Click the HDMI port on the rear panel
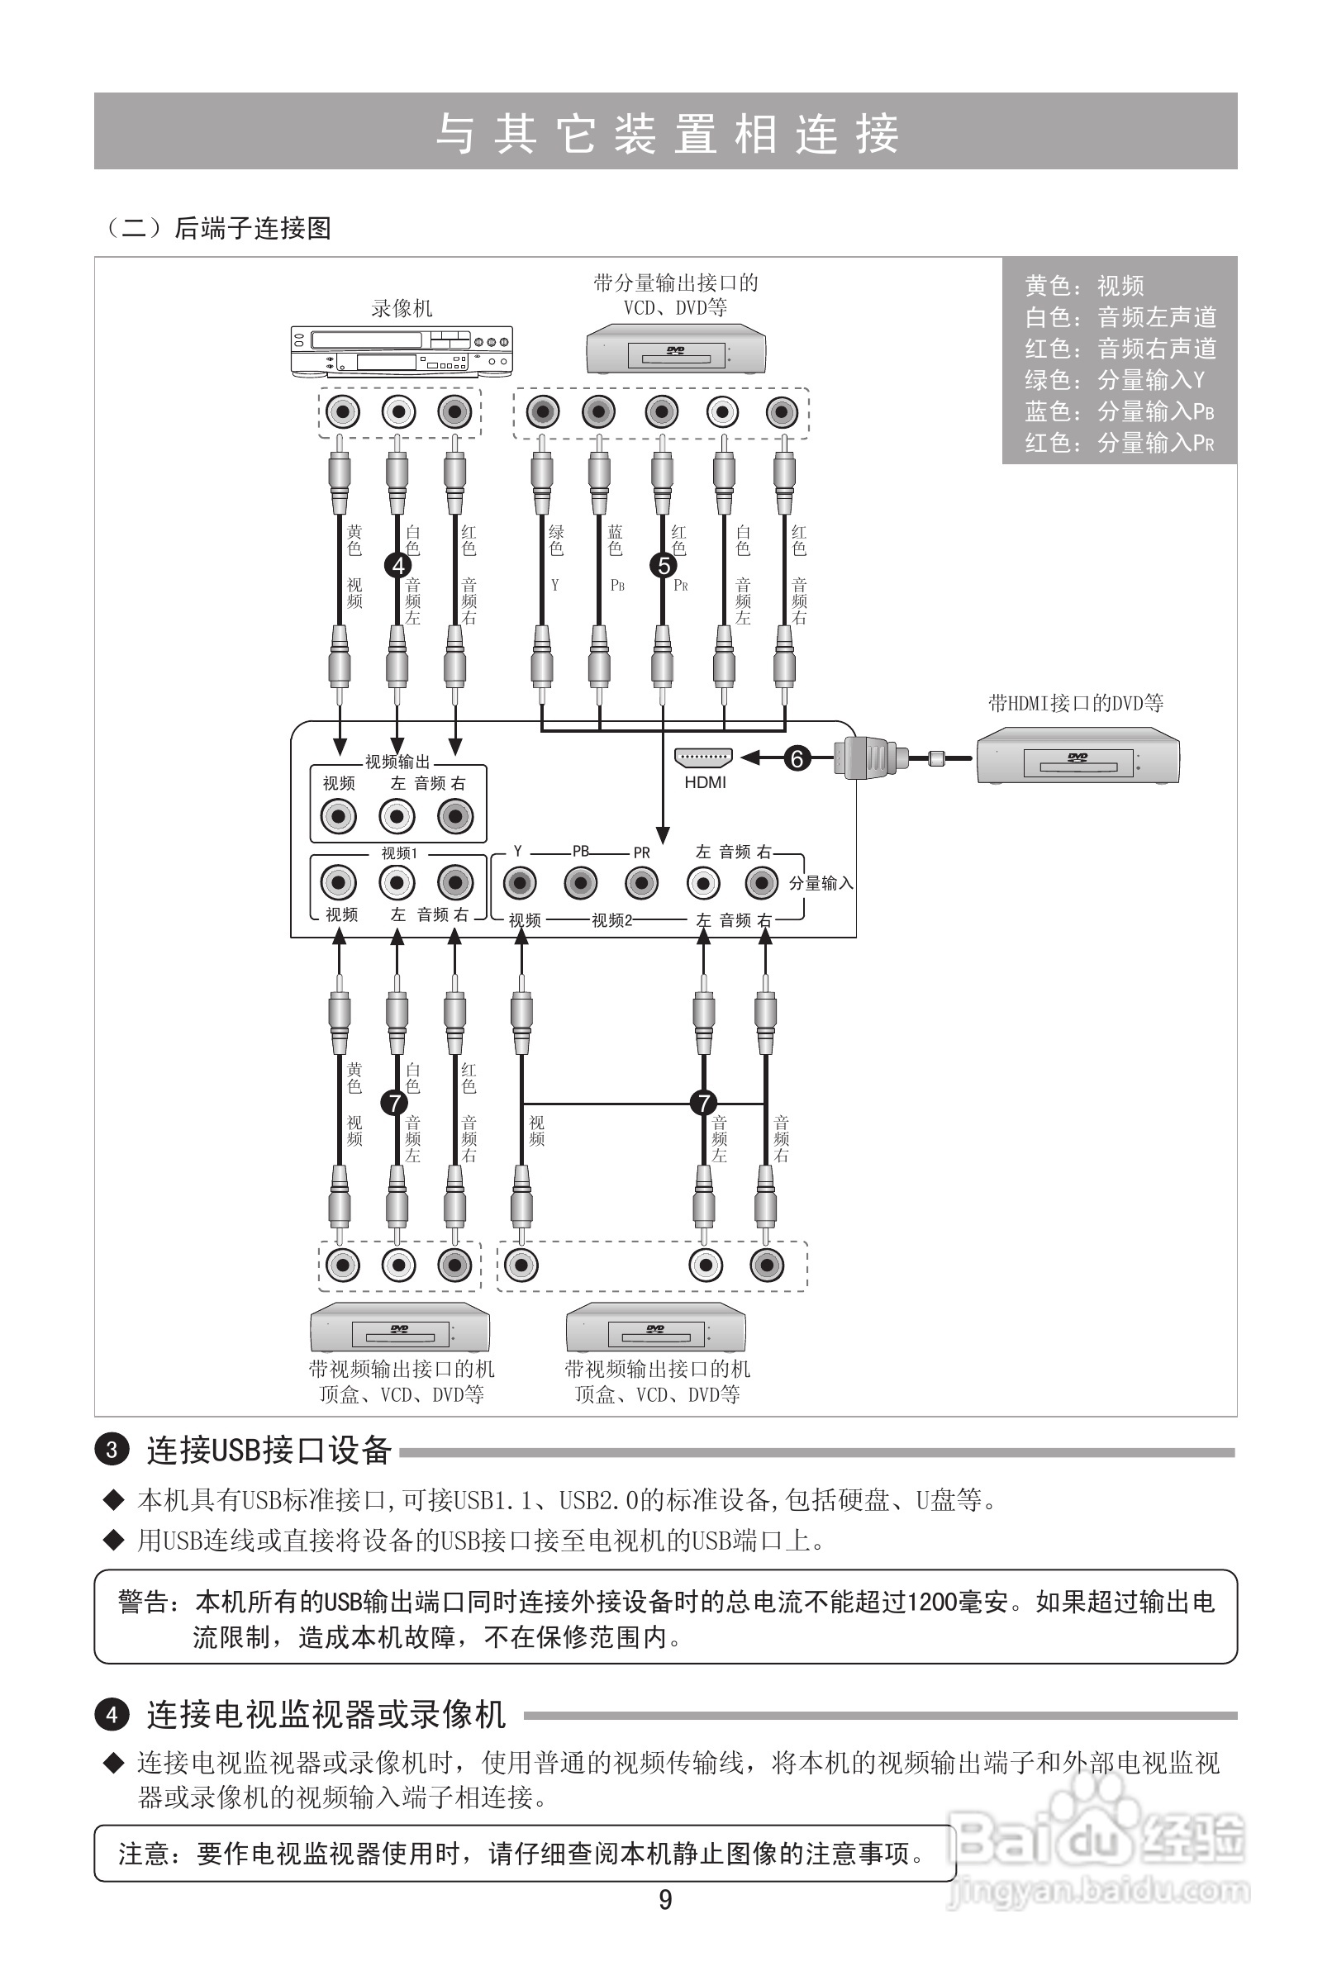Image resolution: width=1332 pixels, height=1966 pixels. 703,758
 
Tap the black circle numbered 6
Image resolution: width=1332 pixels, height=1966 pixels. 797,758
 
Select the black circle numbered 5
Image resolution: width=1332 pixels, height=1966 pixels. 664,565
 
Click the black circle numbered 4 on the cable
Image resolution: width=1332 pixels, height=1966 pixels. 397,565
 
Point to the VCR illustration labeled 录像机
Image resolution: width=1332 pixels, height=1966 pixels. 402,352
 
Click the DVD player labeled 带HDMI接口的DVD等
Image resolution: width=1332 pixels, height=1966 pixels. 1077,758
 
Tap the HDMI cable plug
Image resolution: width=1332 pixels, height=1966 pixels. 868,758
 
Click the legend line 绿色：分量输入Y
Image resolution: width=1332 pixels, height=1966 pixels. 1115,380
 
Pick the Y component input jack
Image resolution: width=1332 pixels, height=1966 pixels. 520,884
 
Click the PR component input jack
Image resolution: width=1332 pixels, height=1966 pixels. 641,884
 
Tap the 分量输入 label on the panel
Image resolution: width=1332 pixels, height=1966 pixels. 821,883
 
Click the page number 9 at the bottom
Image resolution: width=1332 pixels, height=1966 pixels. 665,1900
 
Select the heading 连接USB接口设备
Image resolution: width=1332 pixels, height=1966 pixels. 269,1450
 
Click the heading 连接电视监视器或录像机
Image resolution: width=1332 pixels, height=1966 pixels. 326,1715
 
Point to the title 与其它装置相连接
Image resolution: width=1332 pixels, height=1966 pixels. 666,134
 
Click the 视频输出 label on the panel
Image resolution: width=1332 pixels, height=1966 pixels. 397,762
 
